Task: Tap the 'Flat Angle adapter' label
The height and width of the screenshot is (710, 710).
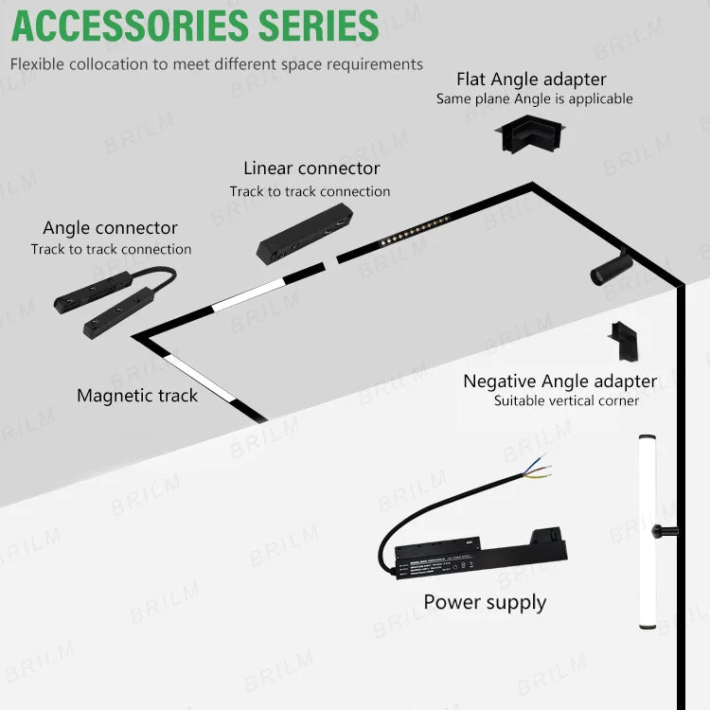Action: click(x=531, y=80)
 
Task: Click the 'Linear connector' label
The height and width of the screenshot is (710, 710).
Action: click(x=311, y=169)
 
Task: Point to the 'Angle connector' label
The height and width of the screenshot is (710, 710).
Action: click(x=110, y=228)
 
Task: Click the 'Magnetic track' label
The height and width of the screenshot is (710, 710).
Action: click(x=137, y=396)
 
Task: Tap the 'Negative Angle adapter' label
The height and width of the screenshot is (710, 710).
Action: click(x=559, y=382)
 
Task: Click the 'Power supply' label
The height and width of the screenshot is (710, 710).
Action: click(x=485, y=602)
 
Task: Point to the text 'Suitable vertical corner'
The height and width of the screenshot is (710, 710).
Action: click(x=566, y=401)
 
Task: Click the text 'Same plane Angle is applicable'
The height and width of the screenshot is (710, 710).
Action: click(x=534, y=99)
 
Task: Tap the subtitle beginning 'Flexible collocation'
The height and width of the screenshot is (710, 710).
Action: click(x=217, y=64)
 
